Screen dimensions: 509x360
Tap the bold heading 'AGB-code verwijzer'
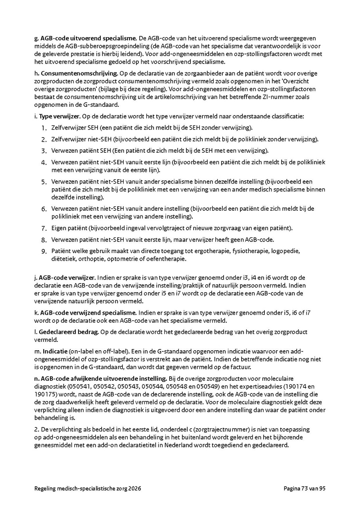(67, 277)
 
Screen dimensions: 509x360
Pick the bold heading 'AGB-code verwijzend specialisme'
(88, 312)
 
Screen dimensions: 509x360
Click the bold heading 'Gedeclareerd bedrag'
(68, 332)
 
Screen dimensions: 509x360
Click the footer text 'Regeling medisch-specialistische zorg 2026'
(88, 489)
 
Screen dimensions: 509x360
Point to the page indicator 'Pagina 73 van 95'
(305, 489)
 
